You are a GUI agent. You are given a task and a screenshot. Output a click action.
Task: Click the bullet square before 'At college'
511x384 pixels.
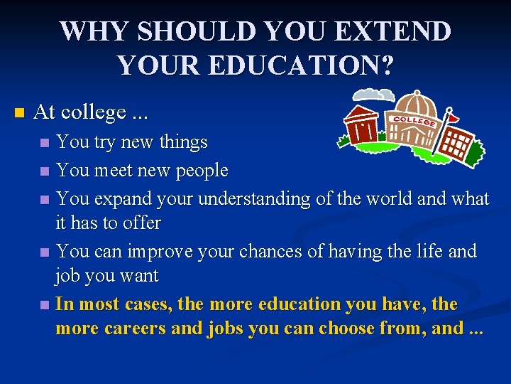(19, 113)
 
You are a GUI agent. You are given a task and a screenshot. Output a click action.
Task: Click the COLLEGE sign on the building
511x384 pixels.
(414, 120)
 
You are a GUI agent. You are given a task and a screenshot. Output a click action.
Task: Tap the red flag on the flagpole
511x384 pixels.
(453, 113)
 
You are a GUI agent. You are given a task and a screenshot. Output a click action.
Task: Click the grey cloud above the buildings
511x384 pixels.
(374, 95)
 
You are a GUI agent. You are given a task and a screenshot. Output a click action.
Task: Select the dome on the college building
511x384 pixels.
(416, 107)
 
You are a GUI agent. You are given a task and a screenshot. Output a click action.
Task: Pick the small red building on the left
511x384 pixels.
(361, 125)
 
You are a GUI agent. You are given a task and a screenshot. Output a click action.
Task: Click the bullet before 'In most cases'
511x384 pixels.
(45, 305)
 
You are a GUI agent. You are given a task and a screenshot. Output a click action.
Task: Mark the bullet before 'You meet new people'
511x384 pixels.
(45, 171)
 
